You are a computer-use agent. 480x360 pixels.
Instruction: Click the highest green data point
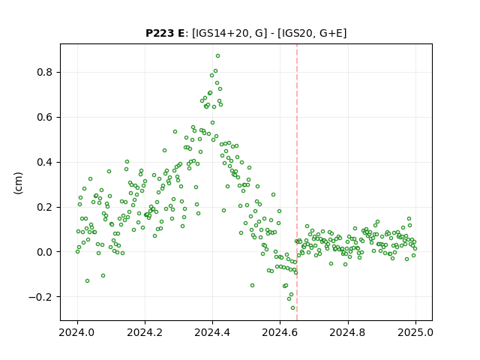(217, 56)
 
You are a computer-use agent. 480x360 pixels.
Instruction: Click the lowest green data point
(292, 308)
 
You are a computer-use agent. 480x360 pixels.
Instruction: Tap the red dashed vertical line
(297, 182)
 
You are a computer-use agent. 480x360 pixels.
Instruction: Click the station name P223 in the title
(160, 33)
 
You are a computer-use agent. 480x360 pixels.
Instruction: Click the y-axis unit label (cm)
(18, 183)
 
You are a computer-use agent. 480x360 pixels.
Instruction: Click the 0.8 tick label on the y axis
(45, 73)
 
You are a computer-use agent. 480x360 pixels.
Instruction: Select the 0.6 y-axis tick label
(45, 118)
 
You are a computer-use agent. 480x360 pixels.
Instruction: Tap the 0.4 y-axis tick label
(45, 162)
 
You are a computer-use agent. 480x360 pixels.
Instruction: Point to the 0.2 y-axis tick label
(45, 207)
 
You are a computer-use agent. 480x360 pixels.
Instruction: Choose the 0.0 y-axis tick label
(45, 252)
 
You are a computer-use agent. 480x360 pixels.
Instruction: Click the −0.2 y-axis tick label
(40, 297)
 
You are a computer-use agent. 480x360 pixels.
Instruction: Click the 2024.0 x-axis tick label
(77, 332)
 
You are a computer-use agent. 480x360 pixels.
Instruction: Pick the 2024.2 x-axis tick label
(145, 332)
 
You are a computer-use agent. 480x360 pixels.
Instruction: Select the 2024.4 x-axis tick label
(212, 332)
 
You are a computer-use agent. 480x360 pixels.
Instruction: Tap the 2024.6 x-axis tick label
(280, 332)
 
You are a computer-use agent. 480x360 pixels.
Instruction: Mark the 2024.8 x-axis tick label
(348, 332)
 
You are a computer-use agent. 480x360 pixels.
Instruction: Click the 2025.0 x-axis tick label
(415, 332)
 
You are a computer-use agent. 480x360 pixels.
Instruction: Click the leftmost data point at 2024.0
(77, 252)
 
